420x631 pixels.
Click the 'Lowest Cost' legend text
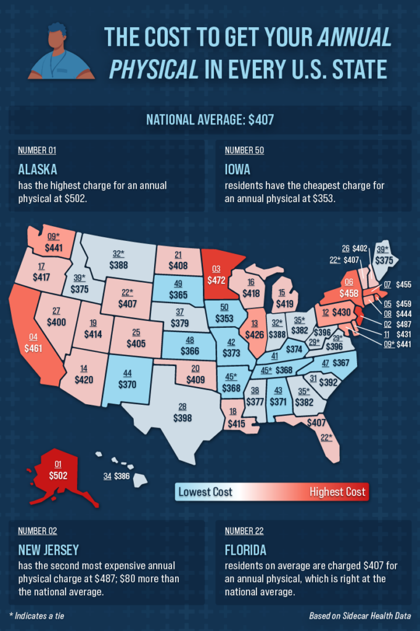pyautogui.click(x=205, y=492)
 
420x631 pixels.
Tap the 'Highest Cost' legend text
pyautogui.click(x=337, y=492)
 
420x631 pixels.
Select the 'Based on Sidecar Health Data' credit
pyautogui.click(x=360, y=616)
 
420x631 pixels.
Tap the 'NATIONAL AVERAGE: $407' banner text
pyautogui.click(x=210, y=119)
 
